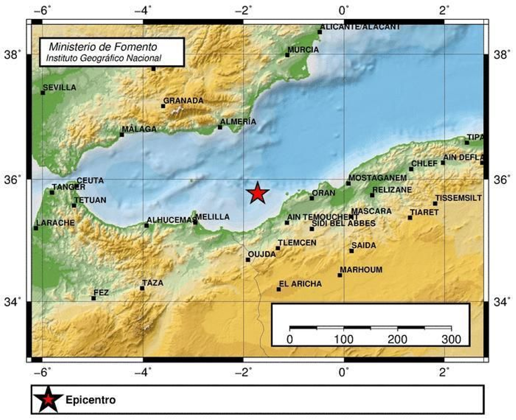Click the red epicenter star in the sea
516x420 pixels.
point(257,193)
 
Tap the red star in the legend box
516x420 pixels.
point(48,399)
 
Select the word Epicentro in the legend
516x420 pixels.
point(91,400)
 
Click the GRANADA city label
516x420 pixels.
point(183,101)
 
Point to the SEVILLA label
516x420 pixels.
point(60,87)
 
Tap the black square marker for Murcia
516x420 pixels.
point(287,55)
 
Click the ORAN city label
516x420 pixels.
point(323,193)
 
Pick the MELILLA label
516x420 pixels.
point(213,217)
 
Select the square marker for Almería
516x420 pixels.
point(220,127)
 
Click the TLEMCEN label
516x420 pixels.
point(297,243)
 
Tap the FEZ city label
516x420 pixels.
point(101,293)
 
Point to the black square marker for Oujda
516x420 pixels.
point(248,260)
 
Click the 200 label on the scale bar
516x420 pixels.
point(397,339)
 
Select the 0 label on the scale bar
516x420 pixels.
point(290,339)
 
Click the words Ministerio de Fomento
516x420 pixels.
point(103,47)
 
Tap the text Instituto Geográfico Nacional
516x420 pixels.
point(104,58)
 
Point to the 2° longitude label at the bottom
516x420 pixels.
point(444,373)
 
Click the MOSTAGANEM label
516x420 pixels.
point(377,178)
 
